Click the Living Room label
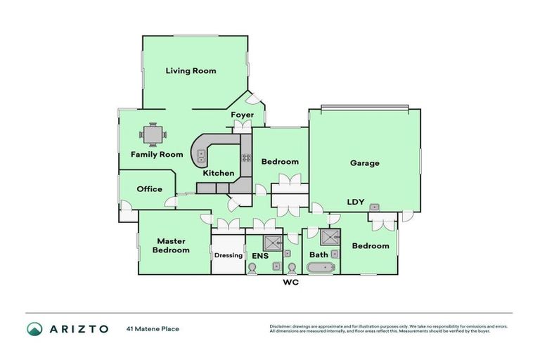(191, 70)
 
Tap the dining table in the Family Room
(153, 133)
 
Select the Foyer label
(242, 115)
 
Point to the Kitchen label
(218, 173)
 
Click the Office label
(149, 188)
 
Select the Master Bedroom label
(172, 245)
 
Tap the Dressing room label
(228, 255)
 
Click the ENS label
(259, 255)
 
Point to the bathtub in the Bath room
(321, 267)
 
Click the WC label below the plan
(291, 284)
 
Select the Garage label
(364, 163)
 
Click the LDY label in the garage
(355, 202)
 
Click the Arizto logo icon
(34, 328)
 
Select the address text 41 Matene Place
(153, 328)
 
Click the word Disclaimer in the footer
(281, 326)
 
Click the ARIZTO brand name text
(78, 328)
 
